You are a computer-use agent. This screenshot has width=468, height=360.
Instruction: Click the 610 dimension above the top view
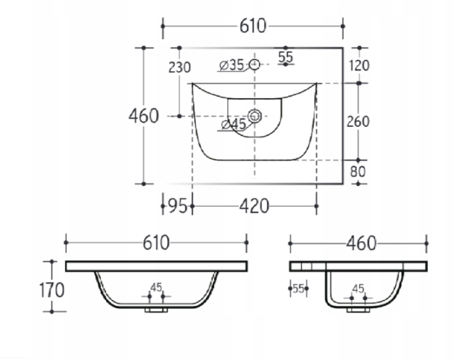click(253, 26)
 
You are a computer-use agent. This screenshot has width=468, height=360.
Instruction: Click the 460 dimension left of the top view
click(144, 116)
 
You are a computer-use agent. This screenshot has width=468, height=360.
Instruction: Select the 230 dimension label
click(179, 67)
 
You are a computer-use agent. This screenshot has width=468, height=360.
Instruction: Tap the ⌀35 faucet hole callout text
click(232, 65)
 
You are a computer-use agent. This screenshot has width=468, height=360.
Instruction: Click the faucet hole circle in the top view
click(255, 64)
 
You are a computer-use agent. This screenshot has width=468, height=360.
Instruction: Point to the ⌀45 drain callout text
click(234, 124)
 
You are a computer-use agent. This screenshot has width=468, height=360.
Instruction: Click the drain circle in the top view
click(255, 116)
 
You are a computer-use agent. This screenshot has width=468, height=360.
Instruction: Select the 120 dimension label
click(359, 66)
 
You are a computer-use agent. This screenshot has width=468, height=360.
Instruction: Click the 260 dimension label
click(358, 122)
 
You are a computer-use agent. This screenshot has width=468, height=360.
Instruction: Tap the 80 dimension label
click(358, 172)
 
